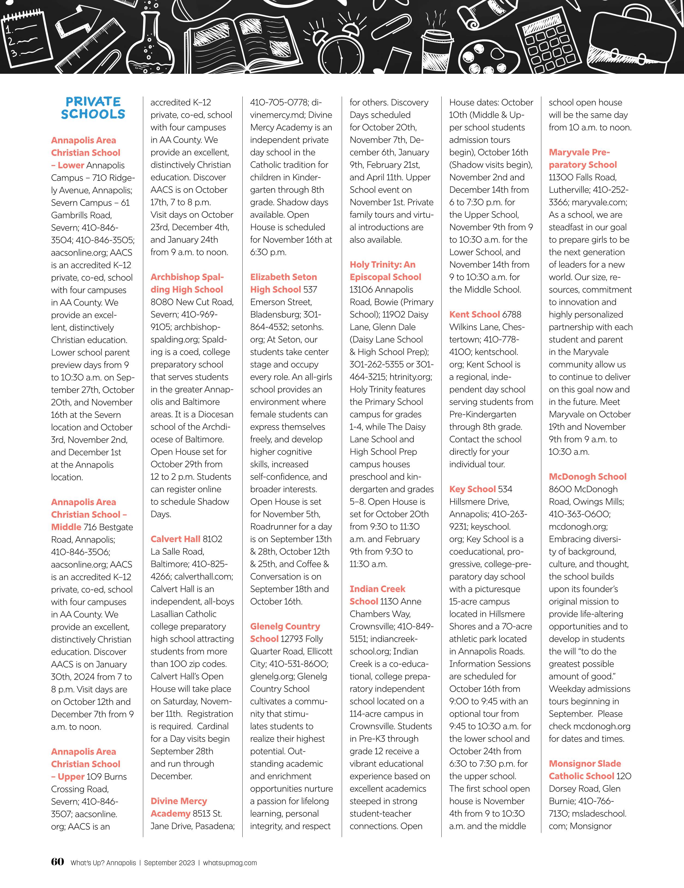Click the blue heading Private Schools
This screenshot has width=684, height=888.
(x=93, y=108)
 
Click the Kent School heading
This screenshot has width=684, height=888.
(x=474, y=314)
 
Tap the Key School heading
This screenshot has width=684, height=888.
(x=472, y=489)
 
